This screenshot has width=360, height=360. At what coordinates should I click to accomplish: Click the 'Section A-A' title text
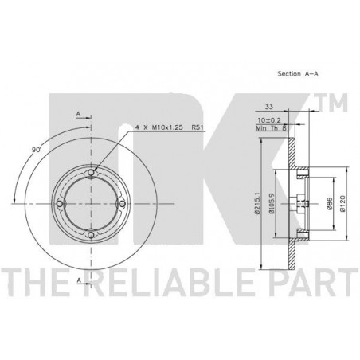coord(298,73)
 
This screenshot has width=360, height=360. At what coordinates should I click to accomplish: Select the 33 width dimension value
coord(269,107)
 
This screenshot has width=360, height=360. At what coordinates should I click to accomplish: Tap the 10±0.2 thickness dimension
coord(269,120)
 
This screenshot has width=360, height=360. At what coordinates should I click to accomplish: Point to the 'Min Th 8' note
coord(272,128)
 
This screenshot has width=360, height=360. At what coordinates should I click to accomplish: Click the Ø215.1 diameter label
coord(256,203)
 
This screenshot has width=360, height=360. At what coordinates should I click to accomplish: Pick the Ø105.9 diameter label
coord(271,203)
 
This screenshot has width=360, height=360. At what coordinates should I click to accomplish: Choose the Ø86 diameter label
coord(329,204)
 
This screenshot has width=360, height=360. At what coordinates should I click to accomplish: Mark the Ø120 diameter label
coord(342,204)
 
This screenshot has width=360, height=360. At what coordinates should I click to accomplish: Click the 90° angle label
coord(37,150)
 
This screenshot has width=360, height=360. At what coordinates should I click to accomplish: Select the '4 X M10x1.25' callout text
coord(159,127)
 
